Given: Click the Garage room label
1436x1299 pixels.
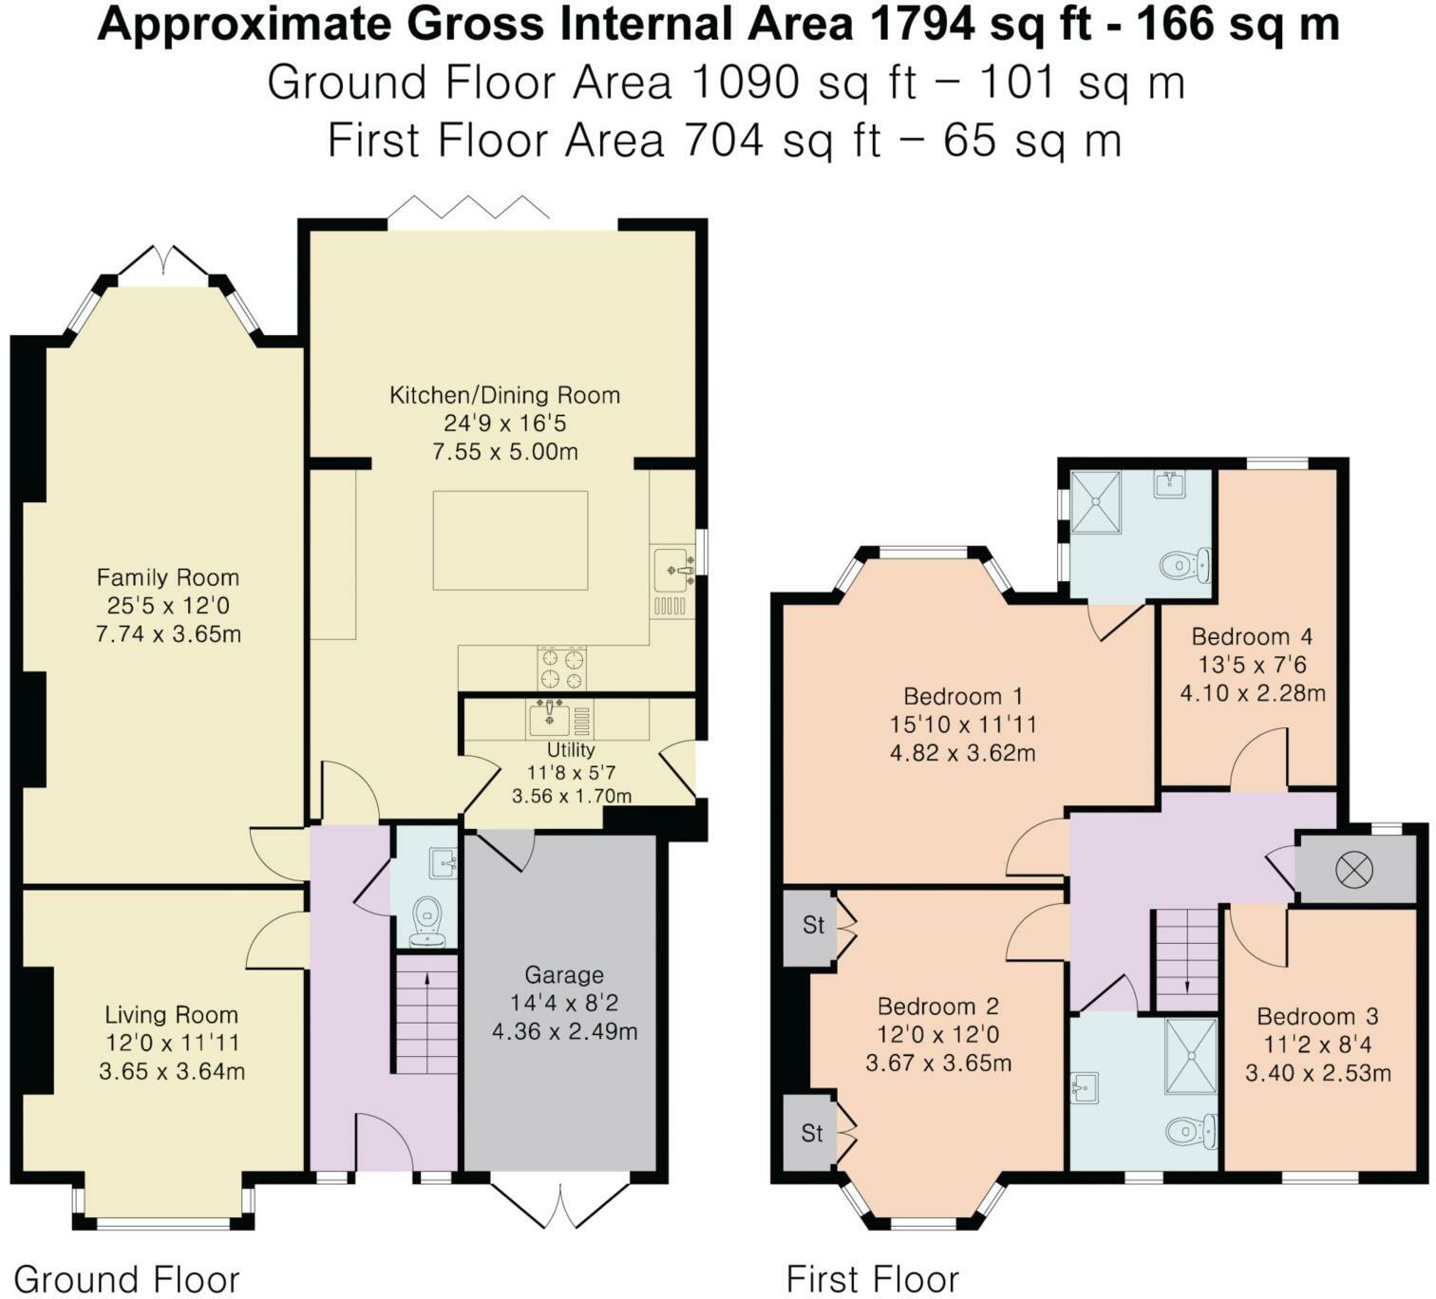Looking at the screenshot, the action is click(x=564, y=974).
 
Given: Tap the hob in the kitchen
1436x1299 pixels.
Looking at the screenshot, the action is click(x=562, y=668).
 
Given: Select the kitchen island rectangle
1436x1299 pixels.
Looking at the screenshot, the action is click(x=510, y=539).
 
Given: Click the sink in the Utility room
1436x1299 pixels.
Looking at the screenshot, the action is click(x=550, y=718).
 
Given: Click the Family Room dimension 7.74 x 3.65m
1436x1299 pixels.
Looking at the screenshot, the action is click(x=168, y=633).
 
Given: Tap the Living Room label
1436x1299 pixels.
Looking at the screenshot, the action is click(x=171, y=1014).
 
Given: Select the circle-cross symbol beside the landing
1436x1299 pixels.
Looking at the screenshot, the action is click(x=1353, y=871).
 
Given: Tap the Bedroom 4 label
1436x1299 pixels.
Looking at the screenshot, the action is click(x=1252, y=636).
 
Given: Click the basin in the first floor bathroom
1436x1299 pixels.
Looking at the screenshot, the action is click(x=1086, y=1088).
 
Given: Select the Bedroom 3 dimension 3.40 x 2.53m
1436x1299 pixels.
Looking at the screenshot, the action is click(x=1318, y=1073).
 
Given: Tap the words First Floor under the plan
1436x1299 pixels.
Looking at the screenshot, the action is click(x=873, y=1279).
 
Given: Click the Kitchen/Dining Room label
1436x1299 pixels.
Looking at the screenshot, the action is click(x=504, y=395).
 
